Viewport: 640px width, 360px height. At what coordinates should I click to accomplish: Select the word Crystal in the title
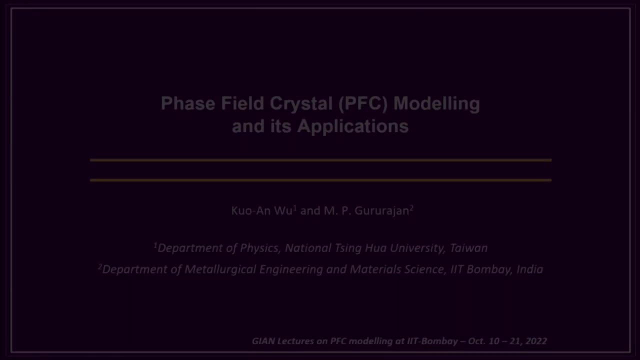[301, 103]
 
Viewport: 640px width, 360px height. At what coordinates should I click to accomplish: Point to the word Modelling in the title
[436, 103]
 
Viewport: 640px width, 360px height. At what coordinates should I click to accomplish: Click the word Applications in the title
[353, 126]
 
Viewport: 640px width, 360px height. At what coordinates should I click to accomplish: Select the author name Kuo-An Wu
[262, 210]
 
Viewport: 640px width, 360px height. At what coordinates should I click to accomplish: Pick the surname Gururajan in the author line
[382, 210]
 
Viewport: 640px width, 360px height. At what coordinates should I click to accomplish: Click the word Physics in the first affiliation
[259, 248]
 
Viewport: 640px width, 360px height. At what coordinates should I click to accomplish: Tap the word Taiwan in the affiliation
[468, 248]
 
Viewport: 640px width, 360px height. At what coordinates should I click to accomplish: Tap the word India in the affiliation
[529, 269]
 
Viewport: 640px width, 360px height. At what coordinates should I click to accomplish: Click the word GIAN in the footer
[263, 341]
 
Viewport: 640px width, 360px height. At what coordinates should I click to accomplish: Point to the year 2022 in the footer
[536, 341]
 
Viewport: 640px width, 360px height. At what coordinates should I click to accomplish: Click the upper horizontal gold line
[320, 160]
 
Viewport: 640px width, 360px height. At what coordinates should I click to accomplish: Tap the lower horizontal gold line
[320, 180]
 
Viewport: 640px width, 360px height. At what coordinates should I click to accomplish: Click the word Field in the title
[242, 103]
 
